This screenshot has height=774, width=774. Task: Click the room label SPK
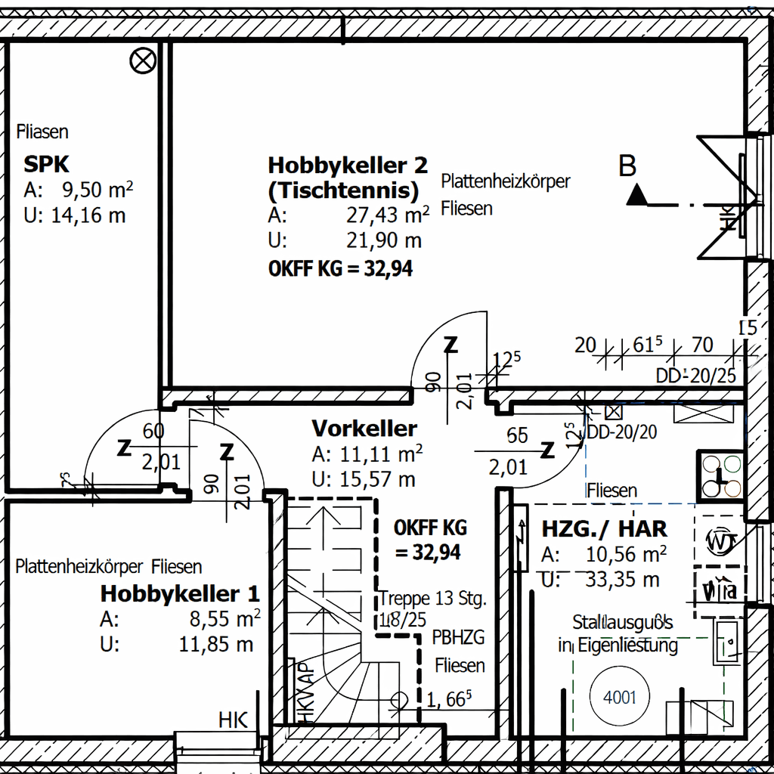[x=46, y=164]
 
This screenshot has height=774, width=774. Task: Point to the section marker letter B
[x=627, y=166]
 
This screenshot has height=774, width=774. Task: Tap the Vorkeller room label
[x=364, y=429]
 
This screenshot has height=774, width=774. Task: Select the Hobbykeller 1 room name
[x=180, y=593]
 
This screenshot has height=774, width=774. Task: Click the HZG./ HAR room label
[x=604, y=528]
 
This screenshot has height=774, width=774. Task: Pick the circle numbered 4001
[x=620, y=697]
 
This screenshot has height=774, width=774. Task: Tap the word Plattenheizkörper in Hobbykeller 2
[x=506, y=181]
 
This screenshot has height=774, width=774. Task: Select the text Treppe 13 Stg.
[x=433, y=599]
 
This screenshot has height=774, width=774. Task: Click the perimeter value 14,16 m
[x=88, y=215]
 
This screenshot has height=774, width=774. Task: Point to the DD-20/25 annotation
[x=695, y=376]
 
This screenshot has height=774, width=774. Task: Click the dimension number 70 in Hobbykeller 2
[x=702, y=345]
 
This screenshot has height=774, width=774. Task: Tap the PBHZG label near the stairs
[x=458, y=638]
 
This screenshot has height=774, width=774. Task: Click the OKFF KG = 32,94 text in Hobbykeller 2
[x=341, y=268]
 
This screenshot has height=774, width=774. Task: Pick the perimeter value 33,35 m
[x=622, y=580]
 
